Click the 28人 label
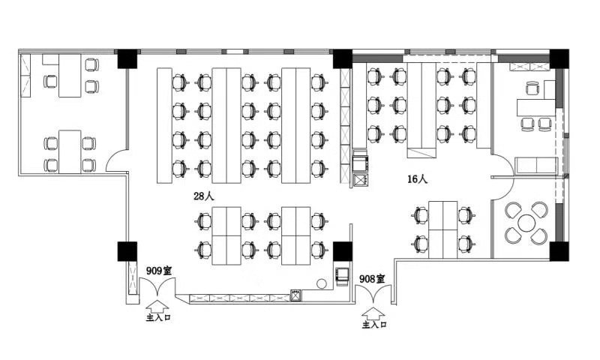tap(204, 196)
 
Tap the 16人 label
tap(418, 178)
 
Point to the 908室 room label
tap(372, 279)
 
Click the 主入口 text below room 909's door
tap(158, 317)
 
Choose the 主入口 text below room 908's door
tap(374, 325)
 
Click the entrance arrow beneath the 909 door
tap(157, 307)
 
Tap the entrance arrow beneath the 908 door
tap(373, 314)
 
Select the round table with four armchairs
tap(526, 223)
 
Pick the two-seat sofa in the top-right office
tap(536, 165)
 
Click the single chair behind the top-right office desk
tap(532, 88)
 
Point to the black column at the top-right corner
tap(559, 59)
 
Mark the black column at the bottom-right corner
tap(559, 251)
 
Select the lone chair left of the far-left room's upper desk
tap(50, 81)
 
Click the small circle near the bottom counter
tap(322, 283)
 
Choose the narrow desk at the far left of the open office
tap(164, 125)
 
